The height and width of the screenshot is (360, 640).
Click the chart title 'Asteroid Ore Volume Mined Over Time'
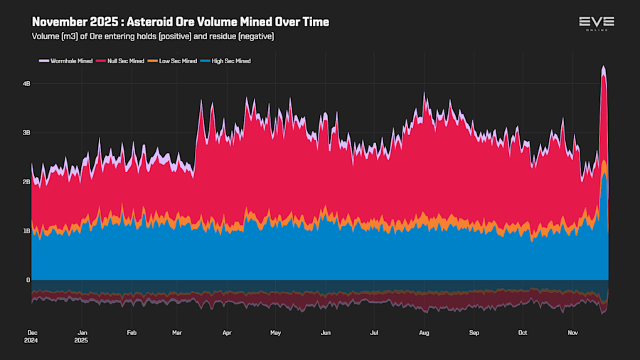click(x=181, y=22)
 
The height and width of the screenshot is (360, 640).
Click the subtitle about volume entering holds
click(x=153, y=36)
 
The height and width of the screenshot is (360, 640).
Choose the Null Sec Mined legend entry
click(x=127, y=61)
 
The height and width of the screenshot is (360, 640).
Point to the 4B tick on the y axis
click(x=26, y=84)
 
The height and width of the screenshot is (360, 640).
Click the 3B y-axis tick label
click(x=26, y=133)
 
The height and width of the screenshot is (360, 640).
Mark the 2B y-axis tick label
click(x=26, y=182)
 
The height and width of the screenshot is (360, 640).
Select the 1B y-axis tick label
click(x=26, y=231)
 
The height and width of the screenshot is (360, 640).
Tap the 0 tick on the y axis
click(x=28, y=280)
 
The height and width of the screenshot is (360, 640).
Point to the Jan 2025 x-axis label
click(x=82, y=336)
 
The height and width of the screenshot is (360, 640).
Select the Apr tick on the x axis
click(x=227, y=332)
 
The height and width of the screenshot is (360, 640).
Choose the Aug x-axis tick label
click(x=424, y=332)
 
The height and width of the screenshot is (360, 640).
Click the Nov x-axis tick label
click(x=572, y=332)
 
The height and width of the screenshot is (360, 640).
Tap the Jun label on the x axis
click(x=326, y=332)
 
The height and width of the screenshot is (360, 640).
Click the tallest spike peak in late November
click(x=603, y=67)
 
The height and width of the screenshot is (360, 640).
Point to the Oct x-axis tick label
click(x=523, y=332)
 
